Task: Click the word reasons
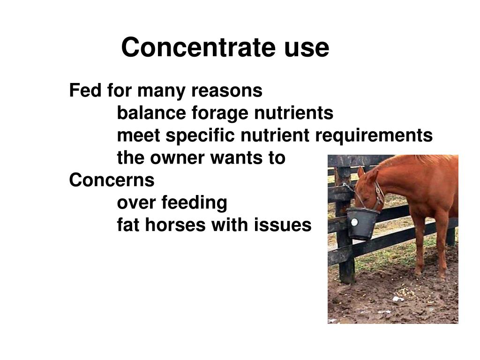point(227,90)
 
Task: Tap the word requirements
point(374,136)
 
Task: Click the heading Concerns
point(112,180)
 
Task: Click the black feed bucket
point(362,223)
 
